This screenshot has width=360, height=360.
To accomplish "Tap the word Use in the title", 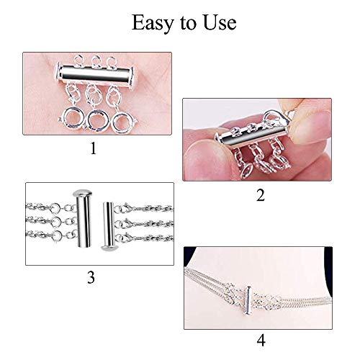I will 218,23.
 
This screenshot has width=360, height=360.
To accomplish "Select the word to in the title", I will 188,24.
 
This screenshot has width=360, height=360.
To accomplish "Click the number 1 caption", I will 91,149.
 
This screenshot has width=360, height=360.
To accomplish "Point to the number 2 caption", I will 260,194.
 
